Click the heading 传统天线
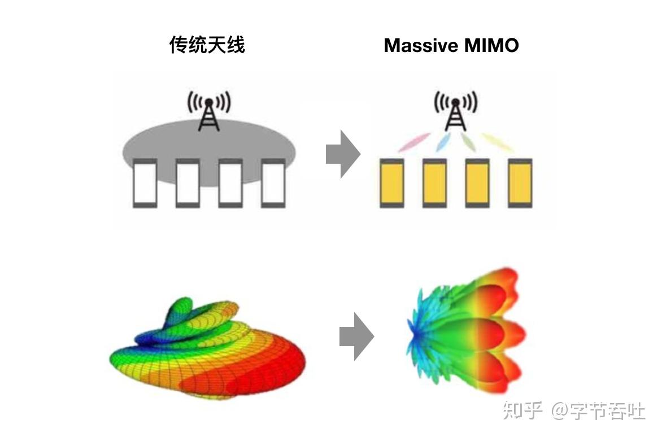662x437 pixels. point(207,45)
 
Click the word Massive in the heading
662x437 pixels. point(420,46)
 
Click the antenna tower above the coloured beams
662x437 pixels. point(455,110)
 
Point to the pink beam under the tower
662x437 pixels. point(414,142)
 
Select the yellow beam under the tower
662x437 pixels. point(497,142)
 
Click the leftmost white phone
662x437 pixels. point(145,183)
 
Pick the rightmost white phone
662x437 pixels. point(273,183)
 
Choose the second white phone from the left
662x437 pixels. point(188,183)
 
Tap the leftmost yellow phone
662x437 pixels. point(392,183)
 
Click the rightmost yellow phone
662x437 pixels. point(520,183)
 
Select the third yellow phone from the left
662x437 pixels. point(477,183)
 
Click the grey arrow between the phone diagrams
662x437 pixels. point(342,154)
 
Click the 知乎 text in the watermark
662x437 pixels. point(522,410)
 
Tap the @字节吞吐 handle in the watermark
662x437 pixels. point(598,410)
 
